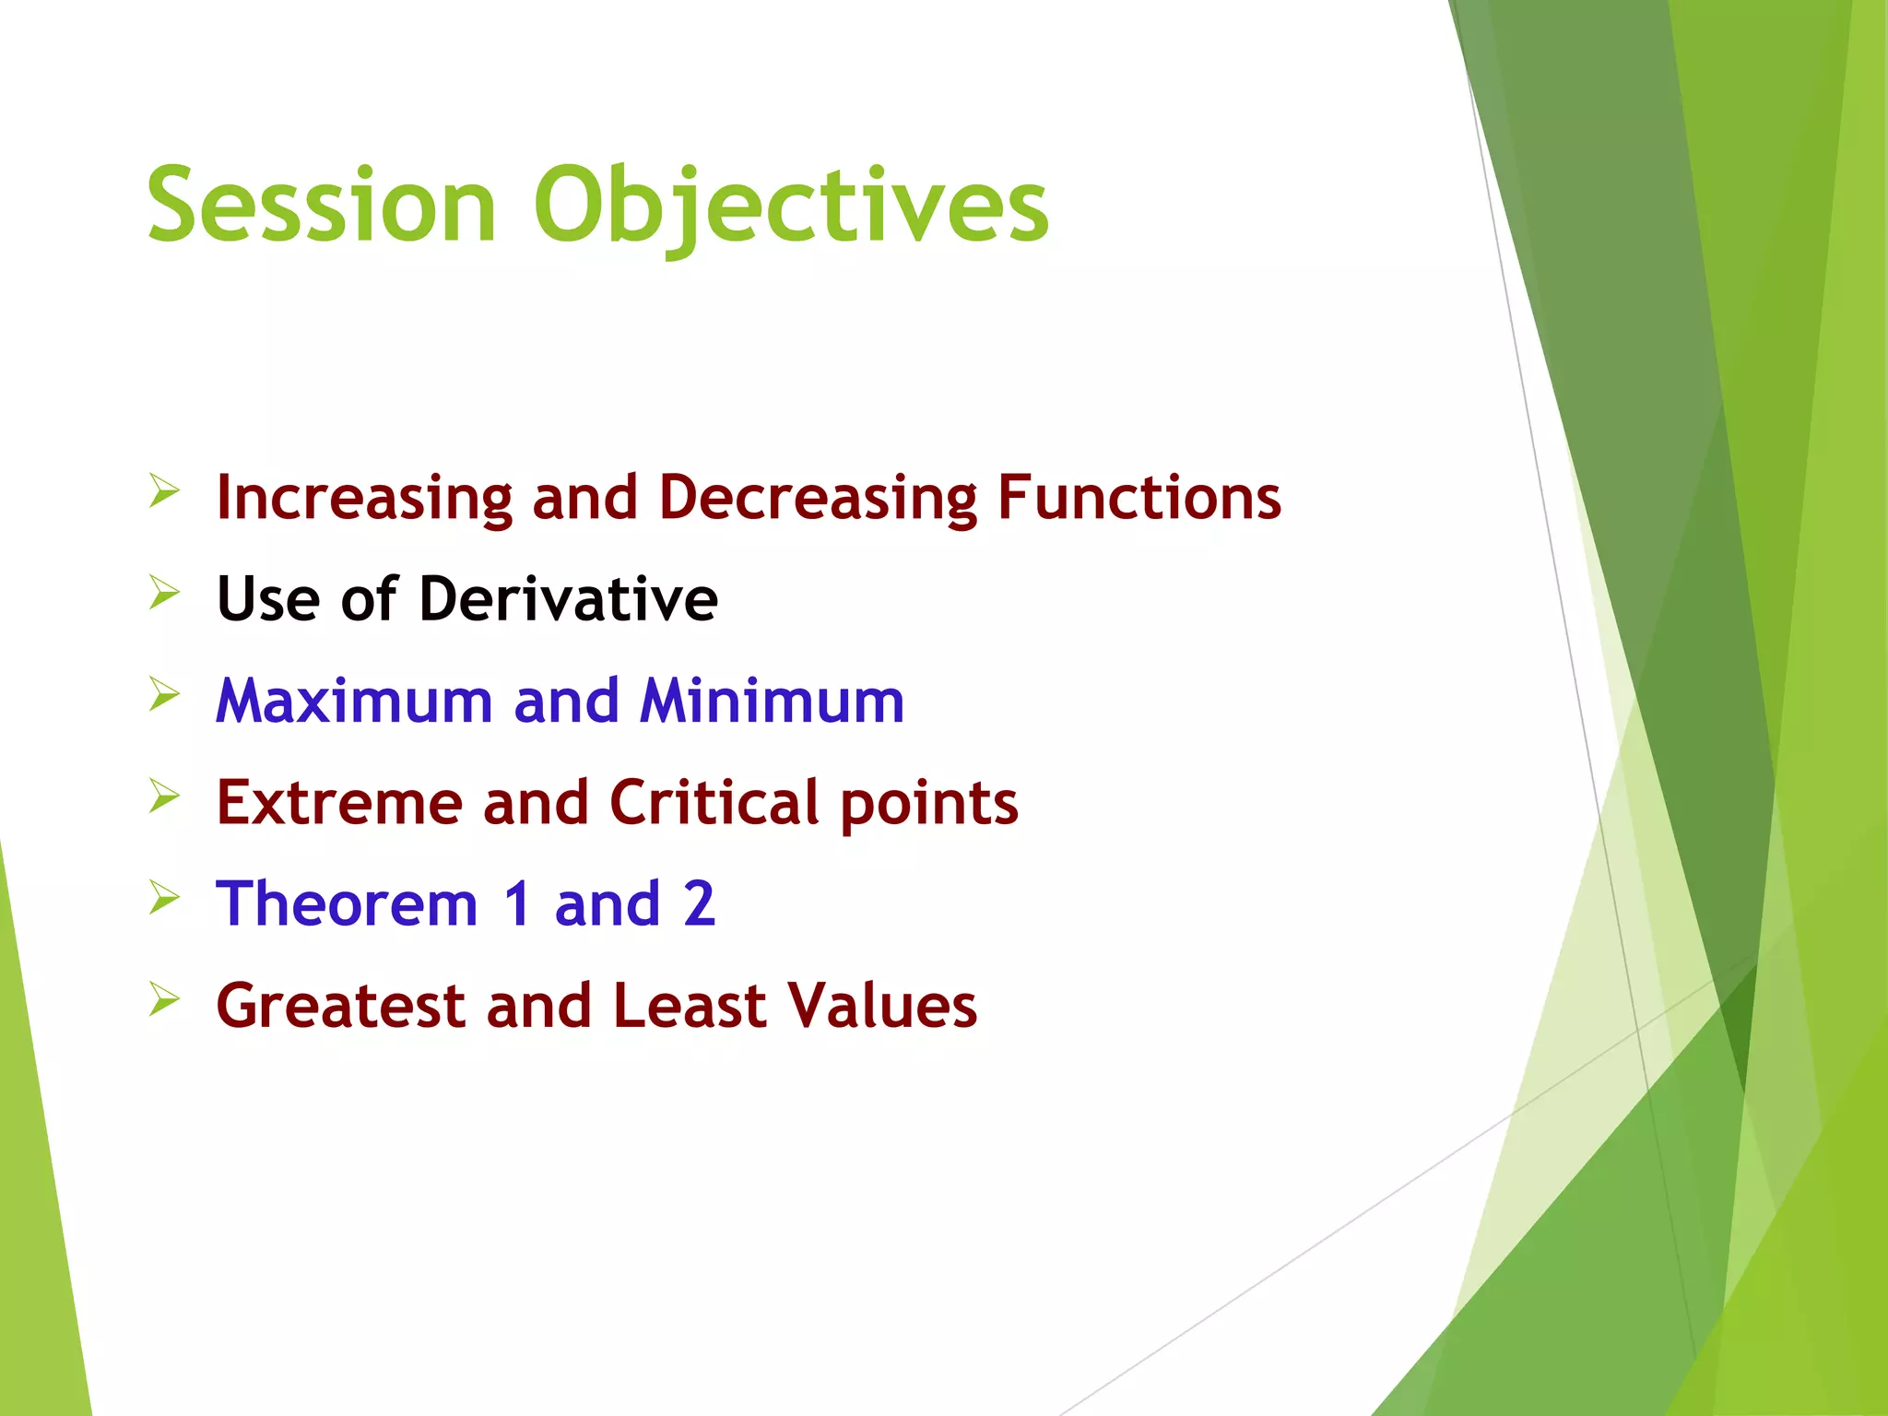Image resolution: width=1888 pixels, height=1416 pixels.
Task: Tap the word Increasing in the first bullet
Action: (x=363, y=498)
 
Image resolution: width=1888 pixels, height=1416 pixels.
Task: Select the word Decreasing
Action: (x=817, y=498)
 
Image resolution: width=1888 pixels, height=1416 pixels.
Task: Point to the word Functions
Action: (x=1139, y=498)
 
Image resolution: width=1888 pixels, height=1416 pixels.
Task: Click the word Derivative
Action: (x=568, y=599)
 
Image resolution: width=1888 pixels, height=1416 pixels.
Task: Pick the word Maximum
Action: (x=354, y=701)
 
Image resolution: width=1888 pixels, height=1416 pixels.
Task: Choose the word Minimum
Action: (x=772, y=701)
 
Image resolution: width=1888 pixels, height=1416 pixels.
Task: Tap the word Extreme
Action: (x=338, y=802)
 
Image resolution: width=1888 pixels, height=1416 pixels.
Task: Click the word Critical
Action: (x=714, y=802)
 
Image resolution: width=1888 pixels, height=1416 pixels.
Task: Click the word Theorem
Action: (x=347, y=903)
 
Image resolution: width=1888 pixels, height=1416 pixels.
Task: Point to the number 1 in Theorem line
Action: (x=517, y=903)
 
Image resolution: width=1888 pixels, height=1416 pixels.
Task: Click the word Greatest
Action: (x=340, y=1005)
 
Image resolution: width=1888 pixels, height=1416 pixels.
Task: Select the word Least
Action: (x=689, y=1005)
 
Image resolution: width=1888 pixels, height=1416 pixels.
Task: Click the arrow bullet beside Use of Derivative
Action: (x=164, y=593)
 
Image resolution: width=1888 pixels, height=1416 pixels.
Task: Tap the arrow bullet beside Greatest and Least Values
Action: (x=164, y=998)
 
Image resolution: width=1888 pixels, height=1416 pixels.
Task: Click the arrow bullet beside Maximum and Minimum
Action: (x=164, y=694)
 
